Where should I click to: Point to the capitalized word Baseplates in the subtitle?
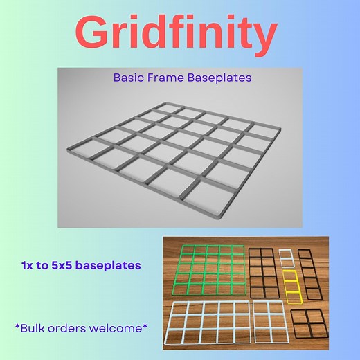click(219, 78)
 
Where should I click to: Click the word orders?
click(74, 325)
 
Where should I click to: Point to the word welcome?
click(120, 325)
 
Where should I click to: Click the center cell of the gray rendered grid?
click(176, 149)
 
